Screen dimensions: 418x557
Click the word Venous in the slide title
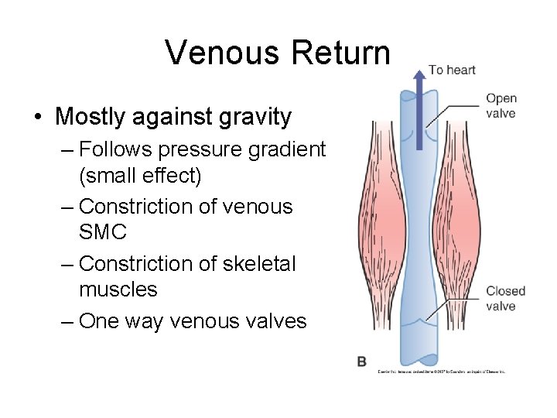tap(224, 53)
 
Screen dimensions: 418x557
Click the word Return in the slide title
tap(341, 53)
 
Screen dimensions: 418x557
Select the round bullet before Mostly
tap(38, 118)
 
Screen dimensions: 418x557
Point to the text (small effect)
tap(140, 176)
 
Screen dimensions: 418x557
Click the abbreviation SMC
tap(103, 232)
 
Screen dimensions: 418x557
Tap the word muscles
tap(118, 290)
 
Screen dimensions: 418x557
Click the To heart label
tap(452, 70)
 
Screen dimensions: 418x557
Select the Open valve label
tap(501, 106)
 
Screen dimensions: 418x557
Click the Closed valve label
tap(505, 299)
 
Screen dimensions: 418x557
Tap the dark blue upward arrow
tap(417, 108)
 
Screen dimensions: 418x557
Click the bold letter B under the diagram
tap(362, 361)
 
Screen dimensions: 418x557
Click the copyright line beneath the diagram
tap(441, 372)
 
